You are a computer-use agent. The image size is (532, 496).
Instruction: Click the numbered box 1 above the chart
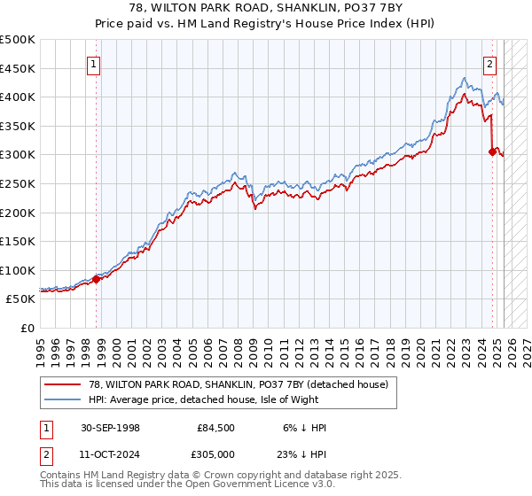click(x=93, y=63)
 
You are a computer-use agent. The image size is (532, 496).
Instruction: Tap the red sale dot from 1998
click(x=97, y=279)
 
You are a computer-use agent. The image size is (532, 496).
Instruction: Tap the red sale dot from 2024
click(x=492, y=151)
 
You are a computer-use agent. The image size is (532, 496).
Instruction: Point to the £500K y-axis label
click(x=18, y=40)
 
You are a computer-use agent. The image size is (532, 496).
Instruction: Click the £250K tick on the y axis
click(x=18, y=183)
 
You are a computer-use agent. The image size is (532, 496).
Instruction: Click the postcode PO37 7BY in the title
click(x=328, y=10)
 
